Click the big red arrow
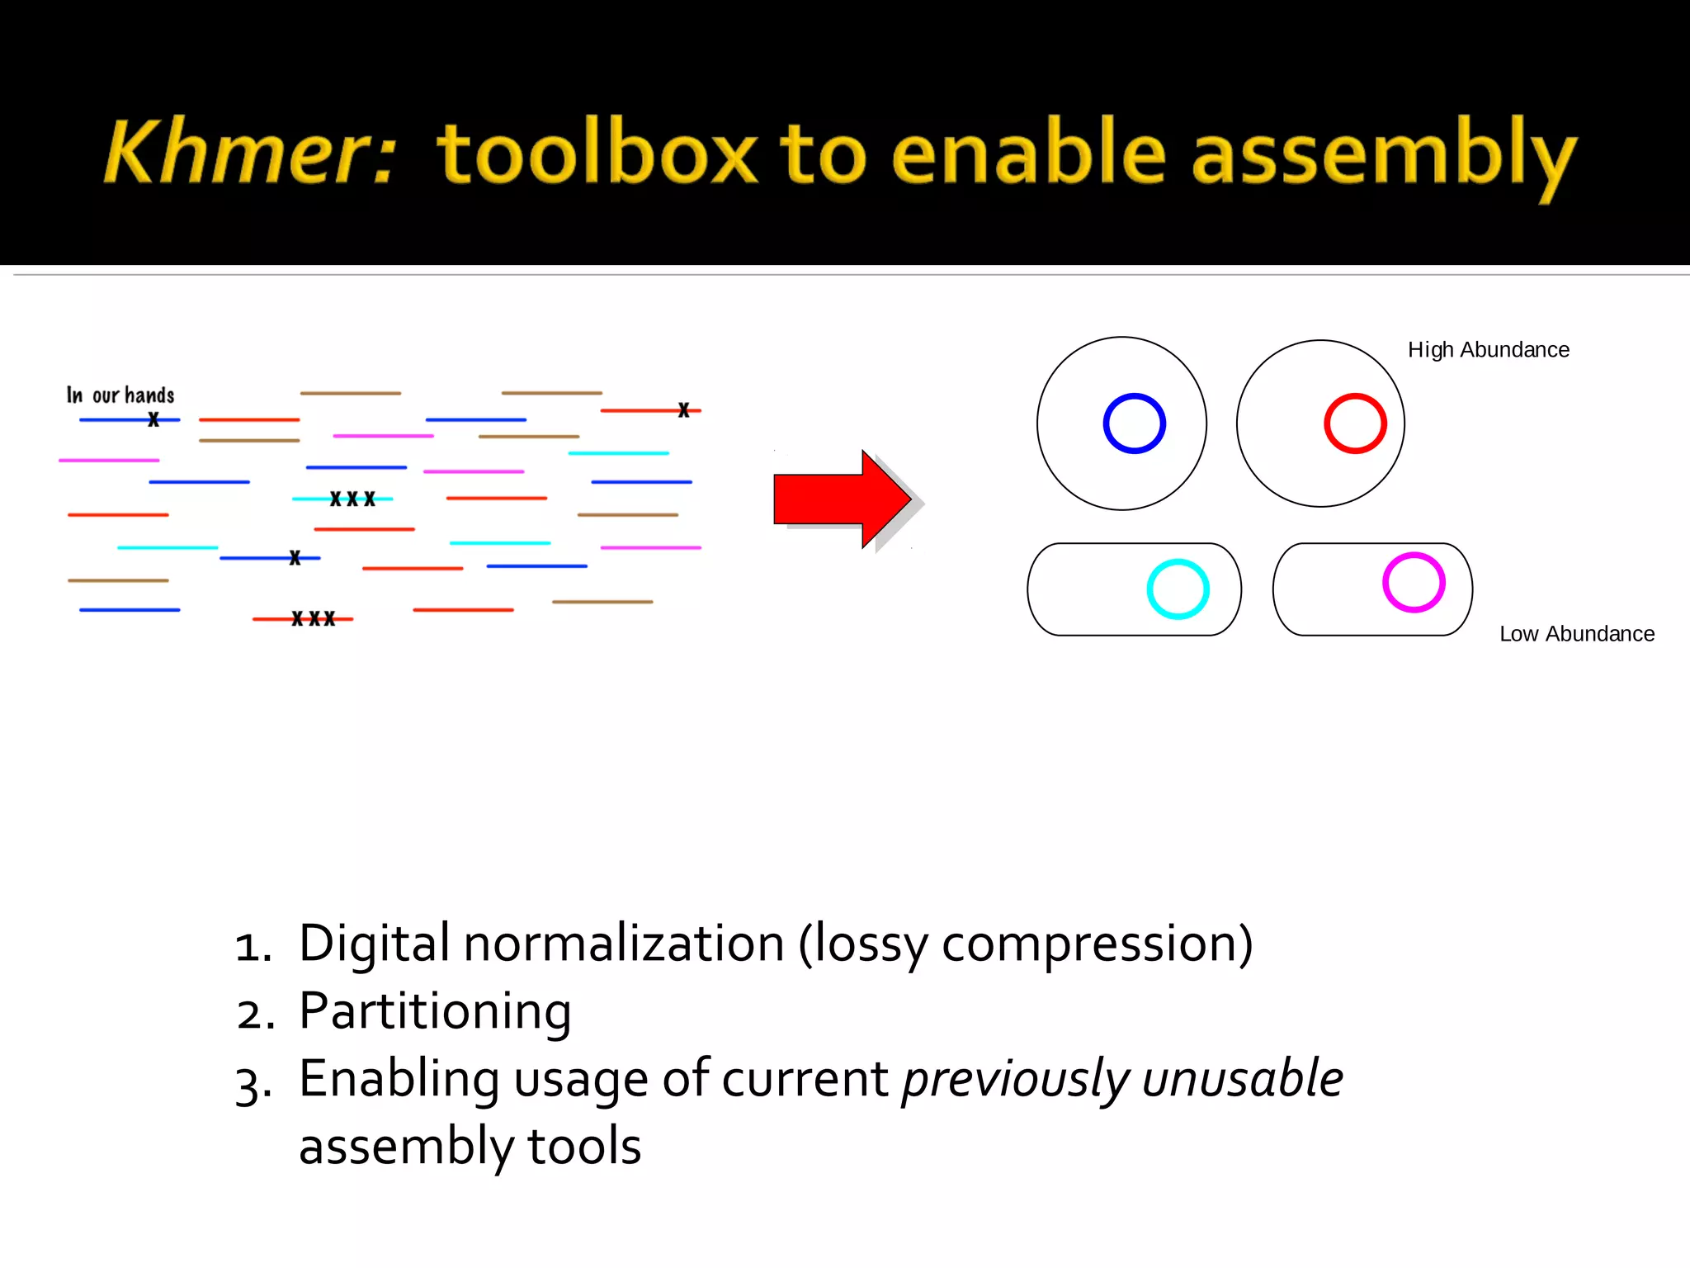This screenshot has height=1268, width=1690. pos(842,499)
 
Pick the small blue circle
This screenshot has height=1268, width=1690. pos(1134,423)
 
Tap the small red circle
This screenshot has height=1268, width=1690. pos(1355,423)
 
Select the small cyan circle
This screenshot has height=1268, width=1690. pos(1178,589)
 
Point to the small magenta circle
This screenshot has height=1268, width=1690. pos(1414,582)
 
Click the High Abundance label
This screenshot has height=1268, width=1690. pos(1488,350)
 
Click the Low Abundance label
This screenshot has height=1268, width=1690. pos(1576,634)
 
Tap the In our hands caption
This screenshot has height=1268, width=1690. pos(120,395)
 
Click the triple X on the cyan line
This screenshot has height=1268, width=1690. pos(352,499)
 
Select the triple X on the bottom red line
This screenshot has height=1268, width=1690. pos(314,618)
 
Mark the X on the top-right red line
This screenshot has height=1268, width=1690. pos(683,410)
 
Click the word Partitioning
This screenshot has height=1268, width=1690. pos(435,1011)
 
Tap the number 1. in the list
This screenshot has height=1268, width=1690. pos(253,946)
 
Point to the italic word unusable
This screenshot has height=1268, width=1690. pos(1243,1079)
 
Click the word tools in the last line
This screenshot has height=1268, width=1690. pos(584,1147)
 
